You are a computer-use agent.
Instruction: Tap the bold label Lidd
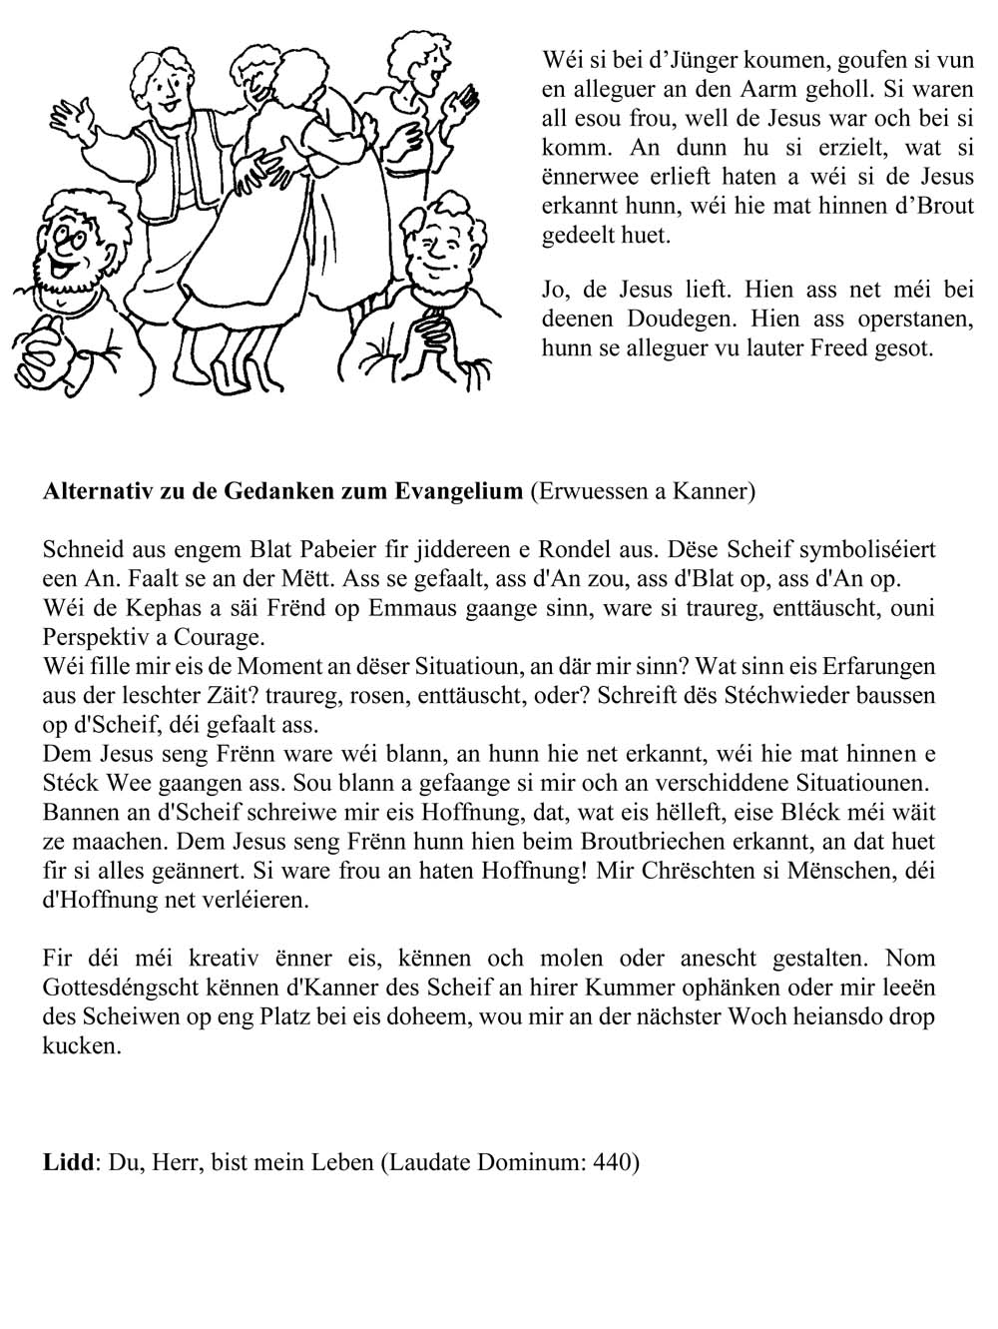click(68, 1162)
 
